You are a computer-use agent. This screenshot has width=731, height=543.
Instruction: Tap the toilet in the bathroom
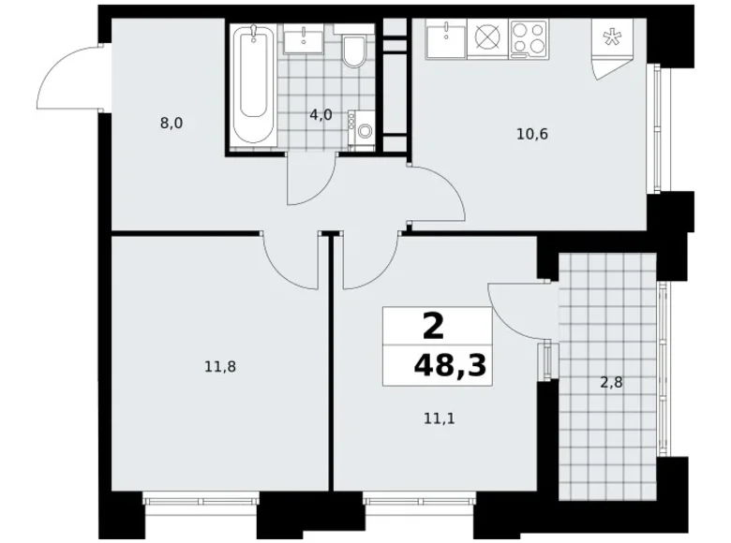coord(354,51)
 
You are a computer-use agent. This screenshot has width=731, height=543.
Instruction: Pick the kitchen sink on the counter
coord(445,40)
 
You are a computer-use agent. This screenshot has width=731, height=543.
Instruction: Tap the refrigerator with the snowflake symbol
coord(615,42)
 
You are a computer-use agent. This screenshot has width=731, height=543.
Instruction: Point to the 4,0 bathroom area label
coord(321,115)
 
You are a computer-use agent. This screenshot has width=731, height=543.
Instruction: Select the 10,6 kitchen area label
coord(531,133)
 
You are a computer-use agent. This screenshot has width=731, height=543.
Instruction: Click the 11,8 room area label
coord(219,367)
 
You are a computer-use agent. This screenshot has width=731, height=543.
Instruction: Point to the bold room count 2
coord(433,327)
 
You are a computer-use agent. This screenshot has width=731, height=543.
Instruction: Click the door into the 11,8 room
coord(291,262)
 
